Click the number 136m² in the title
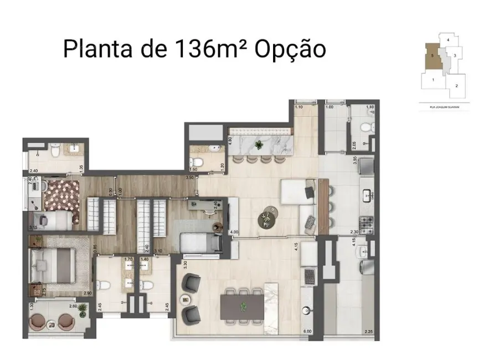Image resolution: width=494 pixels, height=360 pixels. click(208, 48)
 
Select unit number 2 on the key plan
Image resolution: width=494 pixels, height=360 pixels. click(456, 86)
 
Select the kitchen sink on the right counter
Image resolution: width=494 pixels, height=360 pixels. click(367, 194)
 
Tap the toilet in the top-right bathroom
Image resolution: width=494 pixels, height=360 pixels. click(365, 127)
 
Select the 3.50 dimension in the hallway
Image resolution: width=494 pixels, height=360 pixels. click(189, 178)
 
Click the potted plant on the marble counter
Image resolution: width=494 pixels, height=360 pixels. click(258, 145)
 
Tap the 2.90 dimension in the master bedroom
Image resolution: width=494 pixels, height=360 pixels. click(88, 292)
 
